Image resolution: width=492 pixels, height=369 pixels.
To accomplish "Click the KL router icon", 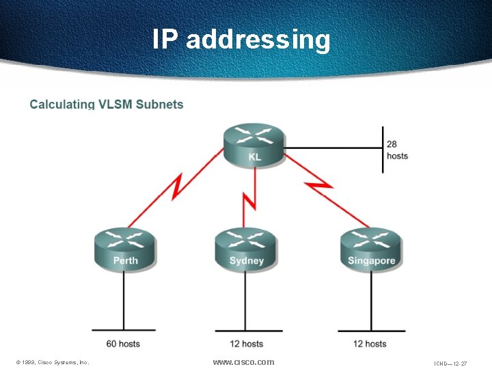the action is [x=253, y=145].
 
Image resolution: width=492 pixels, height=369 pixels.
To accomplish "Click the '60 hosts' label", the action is [x=123, y=344].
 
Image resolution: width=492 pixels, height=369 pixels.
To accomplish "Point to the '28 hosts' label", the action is [x=397, y=150].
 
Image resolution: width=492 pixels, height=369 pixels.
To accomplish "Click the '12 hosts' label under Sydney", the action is [x=246, y=344].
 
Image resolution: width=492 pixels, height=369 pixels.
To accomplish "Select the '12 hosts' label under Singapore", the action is [x=370, y=344].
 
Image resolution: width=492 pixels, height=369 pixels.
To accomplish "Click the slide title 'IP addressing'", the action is [x=241, y=39].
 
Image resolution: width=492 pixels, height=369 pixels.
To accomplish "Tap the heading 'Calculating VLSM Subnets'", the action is [x=107, y=105].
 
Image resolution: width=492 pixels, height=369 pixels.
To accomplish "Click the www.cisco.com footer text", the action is [x=243, y=361].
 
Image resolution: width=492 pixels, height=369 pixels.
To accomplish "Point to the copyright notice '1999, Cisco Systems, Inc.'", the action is [x=53, y=362].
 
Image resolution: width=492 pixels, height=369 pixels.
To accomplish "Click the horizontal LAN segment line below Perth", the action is [x=124, y=331].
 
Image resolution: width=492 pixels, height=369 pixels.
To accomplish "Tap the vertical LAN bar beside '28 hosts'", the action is [x=383, y=149].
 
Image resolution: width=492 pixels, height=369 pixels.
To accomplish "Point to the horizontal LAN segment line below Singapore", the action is [x=371, y=331].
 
